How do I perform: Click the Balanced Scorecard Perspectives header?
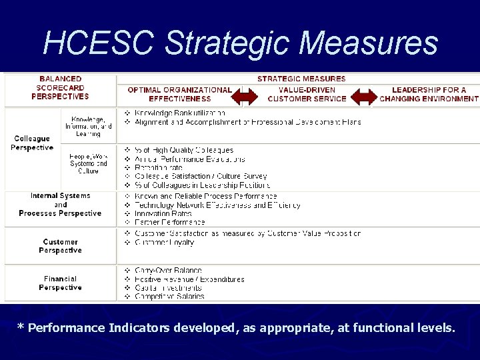tap(60, 87)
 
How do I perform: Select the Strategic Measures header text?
tap(301, 79)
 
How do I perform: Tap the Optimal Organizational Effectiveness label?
tap(179, 94)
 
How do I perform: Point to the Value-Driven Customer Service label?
tap(307, 94)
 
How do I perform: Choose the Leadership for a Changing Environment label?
tap(429, 94)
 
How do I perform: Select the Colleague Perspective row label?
tap(31, 143)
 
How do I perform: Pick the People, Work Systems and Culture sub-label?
tap(88, 163)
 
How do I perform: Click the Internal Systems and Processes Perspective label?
tap(60, 205)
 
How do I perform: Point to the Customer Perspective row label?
tap(60, 246)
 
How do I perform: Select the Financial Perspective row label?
tap(60, 283)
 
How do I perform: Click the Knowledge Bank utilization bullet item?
tap(179, 113)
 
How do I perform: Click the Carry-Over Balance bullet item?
tap(168, 271)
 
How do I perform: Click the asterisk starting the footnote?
tap(21, 328)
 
